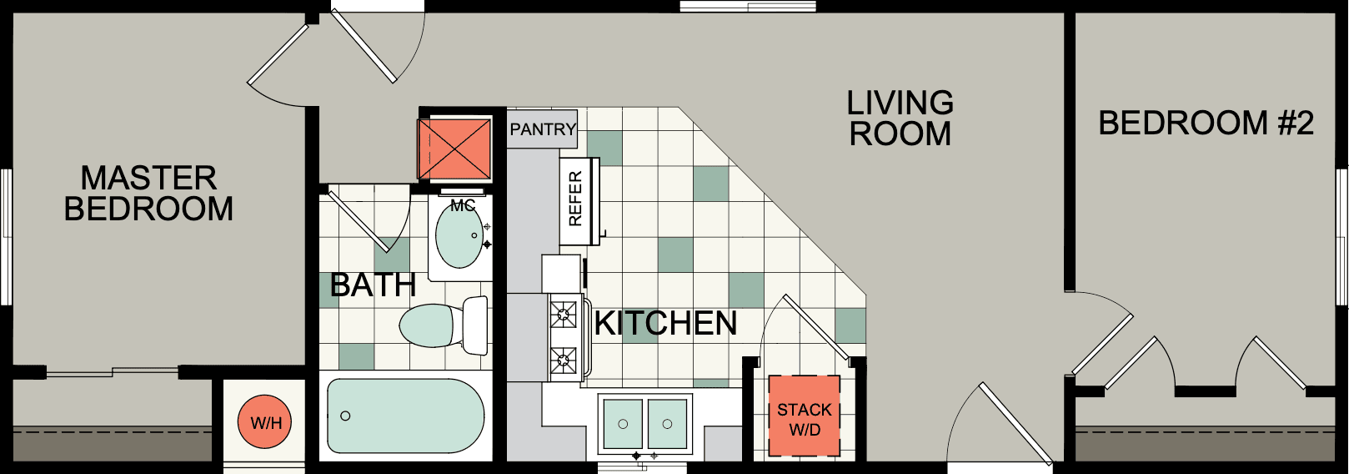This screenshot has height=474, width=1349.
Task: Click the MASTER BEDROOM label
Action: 148,194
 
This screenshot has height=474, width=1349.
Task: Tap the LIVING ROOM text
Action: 900,118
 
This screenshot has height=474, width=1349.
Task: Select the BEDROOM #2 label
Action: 1205,124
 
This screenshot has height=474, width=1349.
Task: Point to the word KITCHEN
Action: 665,324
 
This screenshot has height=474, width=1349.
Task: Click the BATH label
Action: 373,285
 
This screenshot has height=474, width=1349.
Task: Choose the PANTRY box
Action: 543,129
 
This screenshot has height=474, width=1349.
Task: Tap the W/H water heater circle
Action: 266,423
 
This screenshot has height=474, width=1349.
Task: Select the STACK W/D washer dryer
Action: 805,420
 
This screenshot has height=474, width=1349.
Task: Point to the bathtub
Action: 405,416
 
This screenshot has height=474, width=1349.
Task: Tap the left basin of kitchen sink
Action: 623,424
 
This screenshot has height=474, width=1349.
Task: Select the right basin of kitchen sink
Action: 667,424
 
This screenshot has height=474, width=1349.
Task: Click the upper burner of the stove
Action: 564,315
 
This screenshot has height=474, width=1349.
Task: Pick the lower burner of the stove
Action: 564,361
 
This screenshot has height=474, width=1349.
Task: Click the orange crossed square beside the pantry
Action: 454,149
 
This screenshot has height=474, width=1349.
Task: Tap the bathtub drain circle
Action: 345,416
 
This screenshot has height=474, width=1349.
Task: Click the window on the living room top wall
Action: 747,7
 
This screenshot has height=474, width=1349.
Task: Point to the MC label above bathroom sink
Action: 463,205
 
